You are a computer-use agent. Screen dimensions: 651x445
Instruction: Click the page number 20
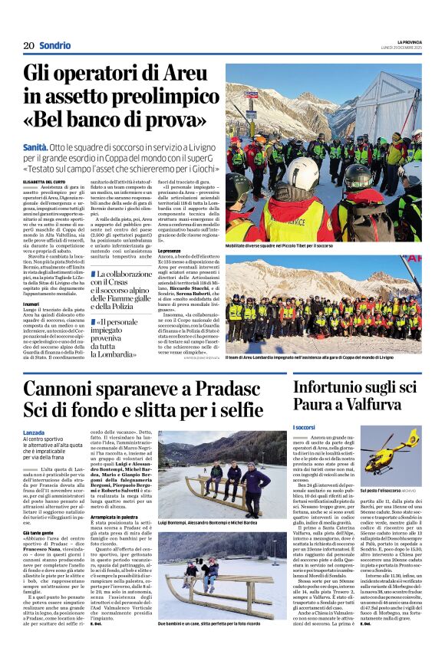pyautogui.click(x=28, y=45)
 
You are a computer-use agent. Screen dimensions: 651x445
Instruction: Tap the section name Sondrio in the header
pyautogui.click(x=55, y=45)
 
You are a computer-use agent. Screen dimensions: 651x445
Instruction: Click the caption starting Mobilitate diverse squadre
pyautogui.click(x=279, y=245)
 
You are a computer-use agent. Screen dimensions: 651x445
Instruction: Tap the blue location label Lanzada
pyautogui.click(x=35, y=432)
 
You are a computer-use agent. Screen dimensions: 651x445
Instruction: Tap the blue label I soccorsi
pyautogui.click(x=305, y=427)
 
